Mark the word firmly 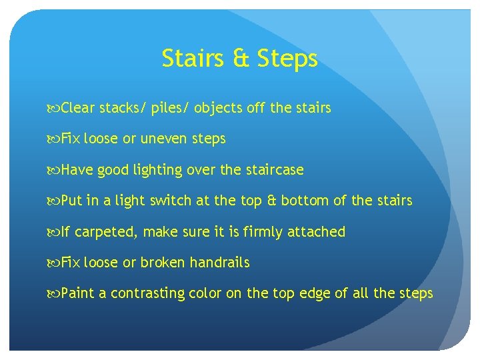[x=266, y=232]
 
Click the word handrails [x=219, y=263]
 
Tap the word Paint [x=78, y=293]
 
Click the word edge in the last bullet [x=315, y=294]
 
